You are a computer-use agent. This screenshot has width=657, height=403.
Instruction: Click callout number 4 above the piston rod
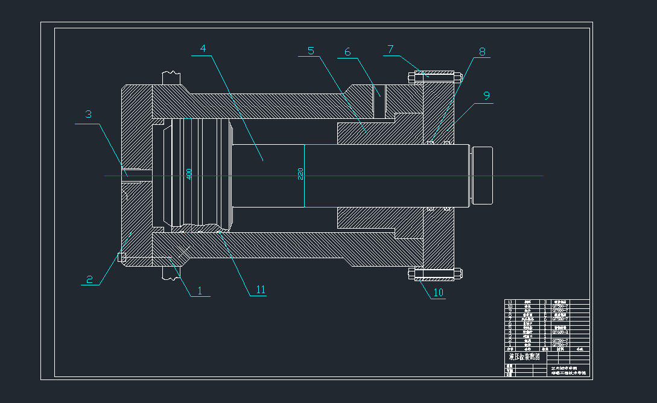click(x=203, y=48)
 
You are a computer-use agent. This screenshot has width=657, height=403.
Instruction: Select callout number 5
click(x=311, y=51)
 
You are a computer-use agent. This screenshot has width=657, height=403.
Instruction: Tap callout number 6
click(x=348, y=52)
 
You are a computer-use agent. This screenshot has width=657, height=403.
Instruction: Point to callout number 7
click(x=390, y=49)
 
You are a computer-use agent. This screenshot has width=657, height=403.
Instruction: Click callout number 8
click(x=482, y=51)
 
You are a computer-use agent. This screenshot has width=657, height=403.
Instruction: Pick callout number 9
click(x=486, y=95)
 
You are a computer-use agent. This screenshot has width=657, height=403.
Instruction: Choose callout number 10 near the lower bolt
click(x=439, y=293)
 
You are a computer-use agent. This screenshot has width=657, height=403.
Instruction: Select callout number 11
click(x=261, y=290)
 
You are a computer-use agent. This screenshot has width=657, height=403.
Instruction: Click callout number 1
click(x=200, y=290)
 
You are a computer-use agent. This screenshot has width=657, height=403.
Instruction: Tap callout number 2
click(x=89, y=279)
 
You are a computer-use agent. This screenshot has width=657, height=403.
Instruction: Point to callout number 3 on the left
click(x=88, y=114)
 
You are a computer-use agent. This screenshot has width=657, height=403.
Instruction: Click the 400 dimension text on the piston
click(x=189, y=174)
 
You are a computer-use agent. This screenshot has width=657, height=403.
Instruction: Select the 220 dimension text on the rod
click(x=300, y=174)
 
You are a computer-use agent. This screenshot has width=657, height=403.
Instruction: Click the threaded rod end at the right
click(x=483, y=175)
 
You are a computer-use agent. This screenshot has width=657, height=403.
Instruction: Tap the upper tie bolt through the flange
click(x=434, y=77)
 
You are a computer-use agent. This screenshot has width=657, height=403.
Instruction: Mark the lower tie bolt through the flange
click(x=434, y=274)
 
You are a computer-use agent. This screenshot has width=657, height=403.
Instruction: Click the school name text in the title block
click(x=568, y=370)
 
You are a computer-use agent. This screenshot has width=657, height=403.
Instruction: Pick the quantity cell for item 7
click(x=545, y=319)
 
